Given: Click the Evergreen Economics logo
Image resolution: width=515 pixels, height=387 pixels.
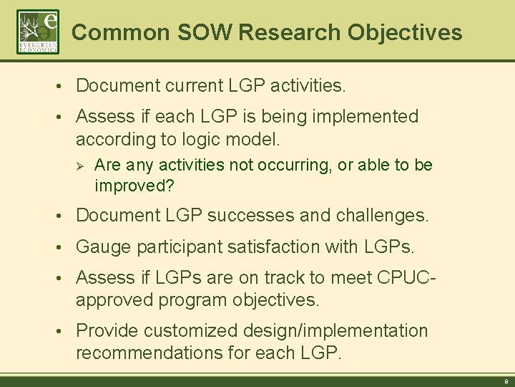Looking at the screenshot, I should pos(38,32).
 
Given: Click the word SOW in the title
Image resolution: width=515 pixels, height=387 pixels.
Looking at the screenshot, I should pos(202,32).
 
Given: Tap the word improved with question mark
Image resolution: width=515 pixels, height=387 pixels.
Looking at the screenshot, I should pos(135,186).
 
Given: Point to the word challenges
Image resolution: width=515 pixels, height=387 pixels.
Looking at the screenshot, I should pos(386,215).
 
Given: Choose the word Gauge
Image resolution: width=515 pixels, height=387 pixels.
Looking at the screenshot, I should pos(100,247).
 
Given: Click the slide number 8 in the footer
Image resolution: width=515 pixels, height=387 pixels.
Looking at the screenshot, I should pos(505,382).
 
